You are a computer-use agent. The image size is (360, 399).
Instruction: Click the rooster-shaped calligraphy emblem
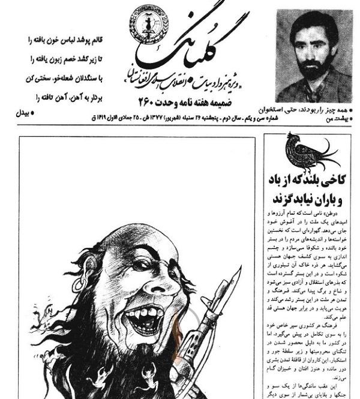(306, 155)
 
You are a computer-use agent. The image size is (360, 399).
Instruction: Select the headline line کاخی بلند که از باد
(307, 180)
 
